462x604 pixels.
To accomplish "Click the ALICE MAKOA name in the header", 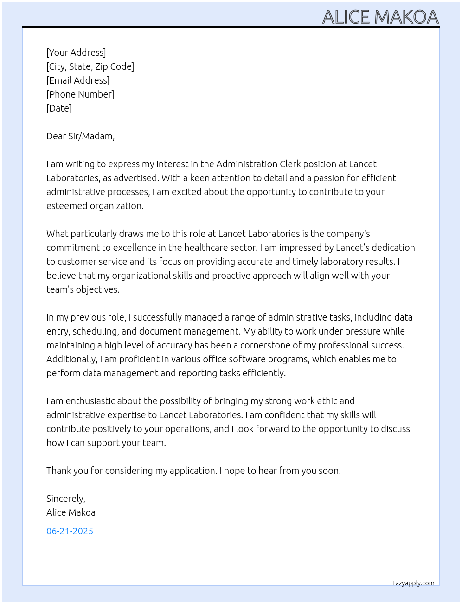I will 380,17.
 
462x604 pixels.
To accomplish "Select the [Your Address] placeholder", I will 76,53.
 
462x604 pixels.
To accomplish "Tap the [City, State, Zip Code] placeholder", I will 90,66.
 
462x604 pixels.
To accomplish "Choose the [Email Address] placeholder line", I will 78,80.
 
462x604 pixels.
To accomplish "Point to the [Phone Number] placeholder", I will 80,94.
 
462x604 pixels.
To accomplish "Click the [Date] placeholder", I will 59,108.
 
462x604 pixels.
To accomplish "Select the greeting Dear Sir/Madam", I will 80,136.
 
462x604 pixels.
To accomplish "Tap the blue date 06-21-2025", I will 70,531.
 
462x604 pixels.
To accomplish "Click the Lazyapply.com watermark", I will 413,583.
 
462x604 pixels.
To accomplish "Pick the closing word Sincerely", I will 65,499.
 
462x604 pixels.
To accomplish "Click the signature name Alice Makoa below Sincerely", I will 71,512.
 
